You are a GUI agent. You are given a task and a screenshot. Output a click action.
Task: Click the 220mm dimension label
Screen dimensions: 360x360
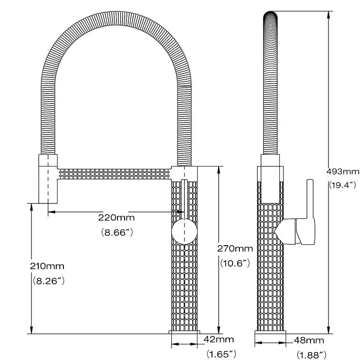(117, 218)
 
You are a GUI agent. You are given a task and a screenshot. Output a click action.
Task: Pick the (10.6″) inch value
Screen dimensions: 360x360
(235, 264)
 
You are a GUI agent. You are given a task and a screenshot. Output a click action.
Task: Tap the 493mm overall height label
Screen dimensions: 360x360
(343, 171)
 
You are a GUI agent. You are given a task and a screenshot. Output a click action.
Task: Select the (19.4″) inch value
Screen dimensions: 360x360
(342, 184)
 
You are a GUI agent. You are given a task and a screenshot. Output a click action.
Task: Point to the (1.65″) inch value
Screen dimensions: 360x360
(221, 354)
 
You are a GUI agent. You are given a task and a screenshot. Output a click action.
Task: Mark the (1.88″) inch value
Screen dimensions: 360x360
(311, 355)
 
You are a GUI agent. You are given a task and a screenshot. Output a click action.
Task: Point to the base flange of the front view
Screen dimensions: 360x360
(184, 332)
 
